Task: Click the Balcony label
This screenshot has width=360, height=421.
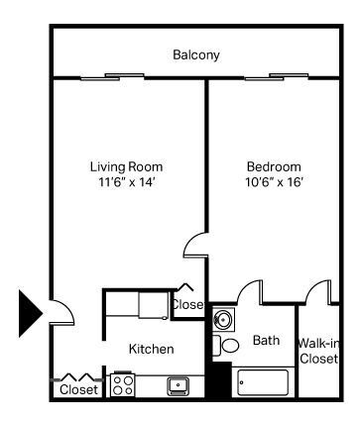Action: click(195, 55)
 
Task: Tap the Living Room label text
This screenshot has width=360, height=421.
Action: click(126, 166)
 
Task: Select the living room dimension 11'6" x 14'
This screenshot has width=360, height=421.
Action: click(126, 183)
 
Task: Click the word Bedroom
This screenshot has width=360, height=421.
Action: click(273, 166)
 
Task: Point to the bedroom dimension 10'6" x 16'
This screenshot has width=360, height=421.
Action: click(273, 183)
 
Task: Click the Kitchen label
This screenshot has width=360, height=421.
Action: click(152, 349)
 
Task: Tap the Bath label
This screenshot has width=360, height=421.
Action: click(266, 340)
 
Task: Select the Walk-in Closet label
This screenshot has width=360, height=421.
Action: click(318, 350)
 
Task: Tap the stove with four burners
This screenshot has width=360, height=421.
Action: click(123, 384)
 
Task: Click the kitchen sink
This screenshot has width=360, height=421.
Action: click(179, 384)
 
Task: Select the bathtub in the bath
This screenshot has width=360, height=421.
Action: click(262, 382)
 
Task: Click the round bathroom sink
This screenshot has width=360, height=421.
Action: click(223, 319)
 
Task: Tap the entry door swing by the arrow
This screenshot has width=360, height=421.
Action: click(61, 312)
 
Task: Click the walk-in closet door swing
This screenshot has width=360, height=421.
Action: click(318, 291)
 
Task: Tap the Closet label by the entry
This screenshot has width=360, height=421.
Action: click(78, 389)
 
